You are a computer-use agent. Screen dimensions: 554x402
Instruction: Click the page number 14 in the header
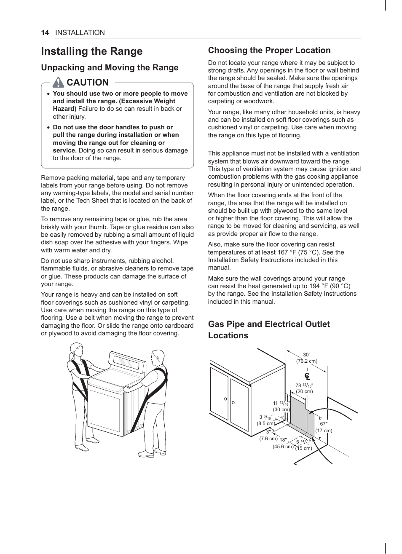pyautogui.click(x=45, y=33)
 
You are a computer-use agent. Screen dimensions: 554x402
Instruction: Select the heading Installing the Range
pyautogui.click(x=92, y=51)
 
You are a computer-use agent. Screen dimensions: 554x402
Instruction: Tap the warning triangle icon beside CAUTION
pyautogui.click(x=58, y=82)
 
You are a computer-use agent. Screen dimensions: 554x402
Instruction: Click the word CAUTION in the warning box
pyautogui.click(x=88, y=83)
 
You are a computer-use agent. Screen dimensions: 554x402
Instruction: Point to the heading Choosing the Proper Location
pyautogui.click(x=269, y=51)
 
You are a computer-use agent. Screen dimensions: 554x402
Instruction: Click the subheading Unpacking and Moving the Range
pyautogui.click(x=110, y=68)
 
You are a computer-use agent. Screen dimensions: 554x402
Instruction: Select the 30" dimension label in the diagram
pyautogui.click(x=306, y=355)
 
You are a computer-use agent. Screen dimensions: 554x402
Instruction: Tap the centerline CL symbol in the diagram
pyautogui.click(x=307, y=376)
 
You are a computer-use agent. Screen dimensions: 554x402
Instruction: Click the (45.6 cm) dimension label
pyautogui.click(x=283, y=447)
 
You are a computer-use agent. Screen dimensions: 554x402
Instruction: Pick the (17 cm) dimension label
pyautogui.click(x=324, y=431)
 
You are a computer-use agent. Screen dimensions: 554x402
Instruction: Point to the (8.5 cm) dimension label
pyautogui.click(x=265, y=423)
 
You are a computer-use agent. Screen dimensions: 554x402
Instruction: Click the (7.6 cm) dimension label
pyautogui.click(x=268, y=439)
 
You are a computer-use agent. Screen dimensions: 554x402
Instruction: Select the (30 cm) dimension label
pyautogui.click(x=281, y=409)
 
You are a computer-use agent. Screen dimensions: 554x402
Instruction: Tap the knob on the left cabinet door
pyautogui.click(x=226, y=399)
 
